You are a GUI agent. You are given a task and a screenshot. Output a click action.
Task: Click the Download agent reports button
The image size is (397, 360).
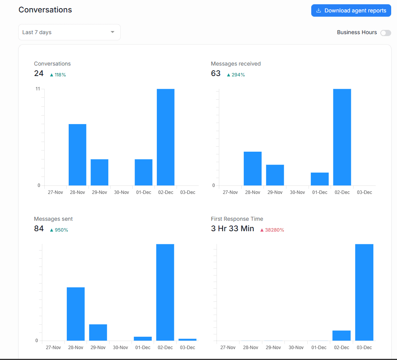(x=351, y=10)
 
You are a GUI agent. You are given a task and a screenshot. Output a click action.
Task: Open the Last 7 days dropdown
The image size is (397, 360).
(x=69, y=32)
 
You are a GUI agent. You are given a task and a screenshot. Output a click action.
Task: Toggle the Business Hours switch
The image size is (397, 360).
(x=385, y=33)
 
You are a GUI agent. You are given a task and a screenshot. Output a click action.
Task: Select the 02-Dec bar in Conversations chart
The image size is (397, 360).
(x=165, y=137)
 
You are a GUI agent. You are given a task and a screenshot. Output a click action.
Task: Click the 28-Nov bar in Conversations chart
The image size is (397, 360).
(x=77, y=154)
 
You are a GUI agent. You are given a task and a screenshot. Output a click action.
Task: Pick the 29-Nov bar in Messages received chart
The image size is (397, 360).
(x=275, y=175)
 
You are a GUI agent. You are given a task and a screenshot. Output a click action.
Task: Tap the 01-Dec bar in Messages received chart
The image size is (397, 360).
(x=319, y=179)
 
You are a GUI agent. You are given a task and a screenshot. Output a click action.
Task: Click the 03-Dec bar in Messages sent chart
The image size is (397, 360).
(x=187, y=339)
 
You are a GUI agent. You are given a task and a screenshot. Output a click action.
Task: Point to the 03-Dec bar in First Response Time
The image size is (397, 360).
(x=364, y=292)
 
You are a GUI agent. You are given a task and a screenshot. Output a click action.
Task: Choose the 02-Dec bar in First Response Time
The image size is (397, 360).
(x=342, y=335)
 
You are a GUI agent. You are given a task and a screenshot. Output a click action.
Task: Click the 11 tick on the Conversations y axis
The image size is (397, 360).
(x=38, y=89)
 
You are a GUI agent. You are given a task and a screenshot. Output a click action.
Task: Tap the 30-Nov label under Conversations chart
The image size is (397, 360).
(x=121, y=192)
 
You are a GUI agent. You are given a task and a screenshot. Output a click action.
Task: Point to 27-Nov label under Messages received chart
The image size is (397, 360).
(x=230, y=192)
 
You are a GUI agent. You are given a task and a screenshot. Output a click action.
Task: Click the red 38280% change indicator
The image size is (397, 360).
(x=272, y=230)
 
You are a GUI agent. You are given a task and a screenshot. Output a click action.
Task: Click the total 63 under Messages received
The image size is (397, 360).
(x=216, y=73)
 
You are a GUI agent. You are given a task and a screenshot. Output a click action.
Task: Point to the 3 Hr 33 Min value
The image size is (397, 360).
(x=232, y=228)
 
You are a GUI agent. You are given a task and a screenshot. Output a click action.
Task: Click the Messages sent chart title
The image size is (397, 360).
(x=53, y=219)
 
